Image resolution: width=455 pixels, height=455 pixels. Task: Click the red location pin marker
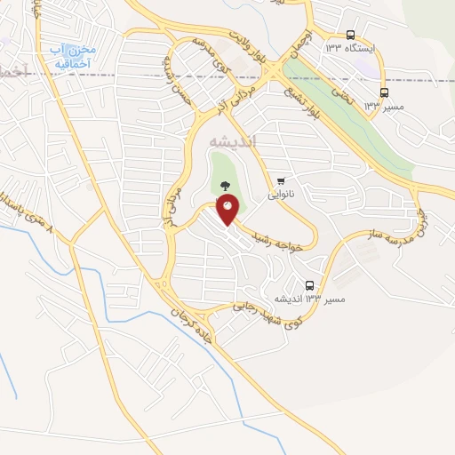point(227,210)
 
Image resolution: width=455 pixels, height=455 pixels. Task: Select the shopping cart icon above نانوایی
point(281,180)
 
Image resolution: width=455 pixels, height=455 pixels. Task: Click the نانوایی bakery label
point(281,191)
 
